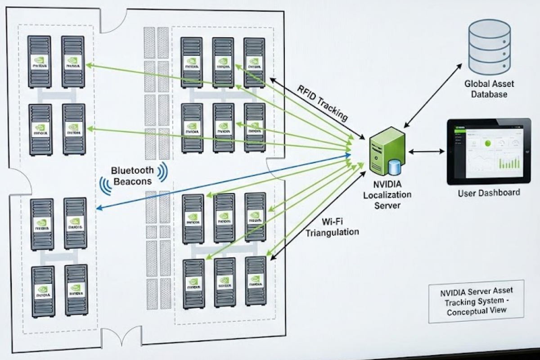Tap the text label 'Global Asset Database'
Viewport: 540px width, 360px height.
(490, 89)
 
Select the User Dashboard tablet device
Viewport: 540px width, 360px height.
(489, 151)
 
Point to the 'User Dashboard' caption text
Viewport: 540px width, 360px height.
(489, 193)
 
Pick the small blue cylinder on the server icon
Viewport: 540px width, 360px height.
(395, 167)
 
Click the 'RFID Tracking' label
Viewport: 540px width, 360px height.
(322, 102)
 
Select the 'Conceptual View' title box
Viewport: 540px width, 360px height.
(476, 301)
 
